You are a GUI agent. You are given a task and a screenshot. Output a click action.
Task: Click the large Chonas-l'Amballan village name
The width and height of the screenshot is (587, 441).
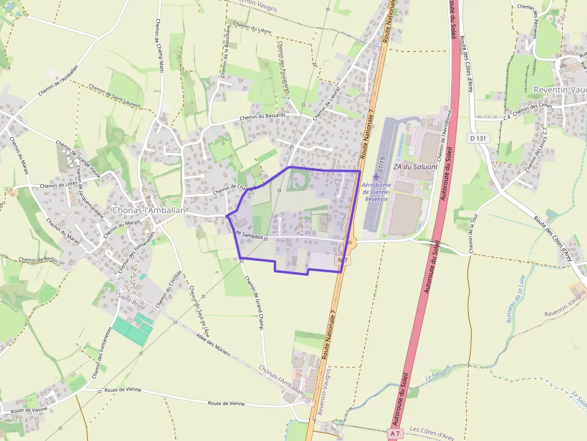[x=149, y=211]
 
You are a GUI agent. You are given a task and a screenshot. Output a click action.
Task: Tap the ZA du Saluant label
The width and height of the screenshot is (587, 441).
[x=416, y=166]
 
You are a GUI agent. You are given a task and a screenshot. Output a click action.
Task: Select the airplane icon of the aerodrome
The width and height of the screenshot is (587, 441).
[x=376, y=177]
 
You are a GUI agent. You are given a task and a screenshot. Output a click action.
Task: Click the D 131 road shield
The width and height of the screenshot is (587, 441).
[x=477, y=138]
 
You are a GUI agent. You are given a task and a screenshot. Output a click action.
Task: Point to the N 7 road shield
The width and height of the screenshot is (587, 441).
[x=343, y=260]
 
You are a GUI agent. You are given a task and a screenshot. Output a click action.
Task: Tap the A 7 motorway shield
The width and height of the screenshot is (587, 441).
[x=394, y=433]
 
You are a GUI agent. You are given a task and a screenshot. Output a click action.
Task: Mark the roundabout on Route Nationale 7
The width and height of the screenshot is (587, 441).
[x=351, y=242]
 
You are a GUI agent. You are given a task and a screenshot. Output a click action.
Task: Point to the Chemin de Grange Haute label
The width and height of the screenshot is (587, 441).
[x=78, y=154]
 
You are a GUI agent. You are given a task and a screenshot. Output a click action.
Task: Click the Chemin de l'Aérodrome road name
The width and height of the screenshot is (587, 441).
[x=444, y=134]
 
